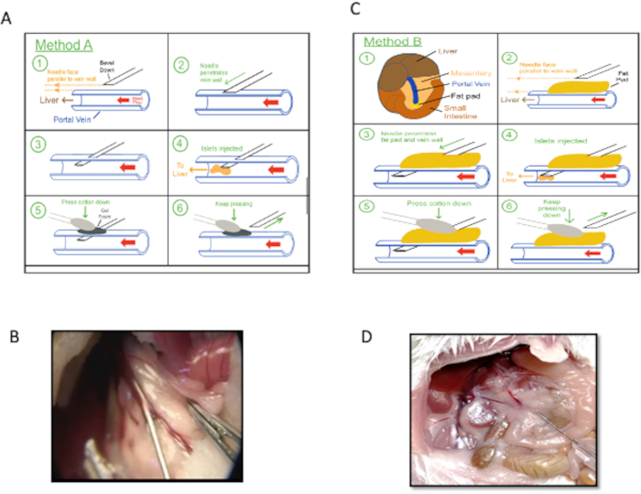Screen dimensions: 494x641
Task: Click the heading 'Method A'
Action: point(67,43)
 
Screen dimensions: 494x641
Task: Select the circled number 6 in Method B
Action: point(506,207)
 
